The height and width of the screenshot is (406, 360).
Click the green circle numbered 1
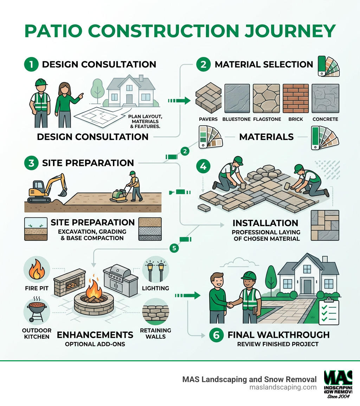point(31,65)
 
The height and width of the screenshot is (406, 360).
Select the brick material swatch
point(296,98)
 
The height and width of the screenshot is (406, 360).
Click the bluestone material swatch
point(237,98)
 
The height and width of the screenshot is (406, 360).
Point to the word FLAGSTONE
point(267,119)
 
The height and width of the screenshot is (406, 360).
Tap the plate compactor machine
point(119,196)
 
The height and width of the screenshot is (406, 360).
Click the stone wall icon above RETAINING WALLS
point(155,312)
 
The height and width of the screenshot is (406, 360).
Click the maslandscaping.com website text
point(283,387)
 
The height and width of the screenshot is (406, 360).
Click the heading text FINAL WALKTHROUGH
point(278,335)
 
